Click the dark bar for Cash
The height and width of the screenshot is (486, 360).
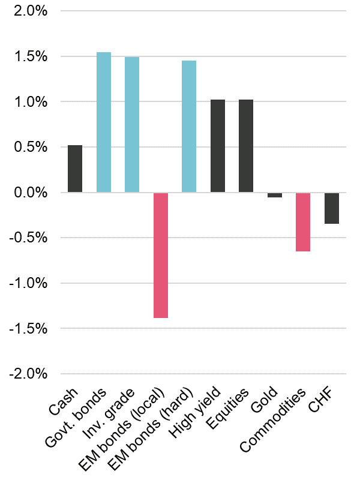75,169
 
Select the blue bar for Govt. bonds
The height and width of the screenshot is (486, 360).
104,122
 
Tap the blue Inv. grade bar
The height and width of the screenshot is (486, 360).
132,125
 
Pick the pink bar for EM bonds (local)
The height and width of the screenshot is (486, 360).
161,255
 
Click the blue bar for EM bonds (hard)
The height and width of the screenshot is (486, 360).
189,127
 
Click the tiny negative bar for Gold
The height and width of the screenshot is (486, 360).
275,195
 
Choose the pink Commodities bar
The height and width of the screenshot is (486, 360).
303,222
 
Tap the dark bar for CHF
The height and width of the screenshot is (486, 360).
332,208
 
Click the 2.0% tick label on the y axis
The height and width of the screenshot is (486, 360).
28,11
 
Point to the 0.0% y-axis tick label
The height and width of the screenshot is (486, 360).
28,193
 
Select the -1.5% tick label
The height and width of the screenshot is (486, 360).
25,328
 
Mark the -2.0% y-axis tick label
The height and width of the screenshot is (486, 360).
25,374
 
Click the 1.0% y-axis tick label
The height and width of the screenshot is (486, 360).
28,102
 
